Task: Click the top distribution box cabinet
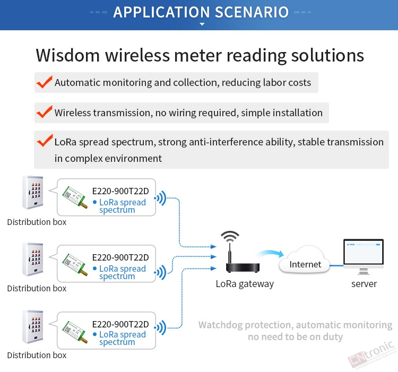click(33, 192)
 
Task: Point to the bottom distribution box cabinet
click(33, 326)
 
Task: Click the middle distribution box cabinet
click(33, 259)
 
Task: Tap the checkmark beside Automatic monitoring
click(45, 82)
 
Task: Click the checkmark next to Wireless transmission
click(45, 111)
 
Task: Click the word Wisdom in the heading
click(68, 55)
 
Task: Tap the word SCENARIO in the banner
click(252, 12)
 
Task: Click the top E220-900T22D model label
click(120, 191)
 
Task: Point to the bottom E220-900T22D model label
click(120, 324)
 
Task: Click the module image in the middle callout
click(75, 264)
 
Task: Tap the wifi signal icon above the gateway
click(230, 237)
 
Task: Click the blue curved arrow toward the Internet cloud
click(271, 253)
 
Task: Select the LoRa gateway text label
click(245, 284)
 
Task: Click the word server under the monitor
click(364, 284)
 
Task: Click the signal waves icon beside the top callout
click(160, 198)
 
